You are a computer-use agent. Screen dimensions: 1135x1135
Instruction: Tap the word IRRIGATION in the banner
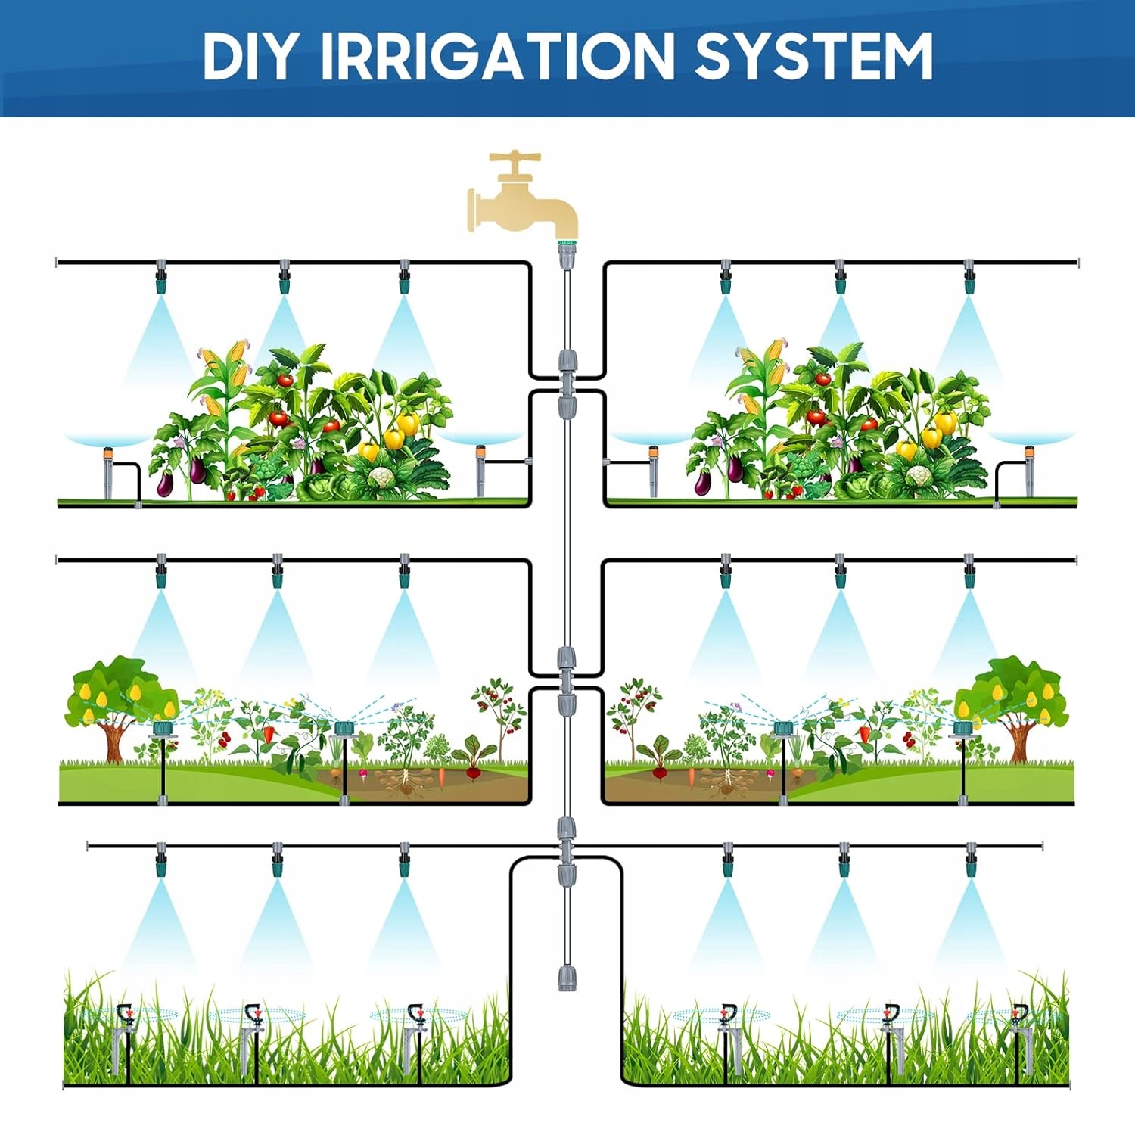tap(496, 56)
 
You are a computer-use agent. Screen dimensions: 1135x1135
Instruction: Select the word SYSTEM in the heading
tap(813, 56)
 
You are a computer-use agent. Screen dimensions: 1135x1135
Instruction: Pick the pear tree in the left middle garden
tap(113, 700)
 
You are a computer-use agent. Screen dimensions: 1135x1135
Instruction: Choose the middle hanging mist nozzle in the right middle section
tap(840, 575)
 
